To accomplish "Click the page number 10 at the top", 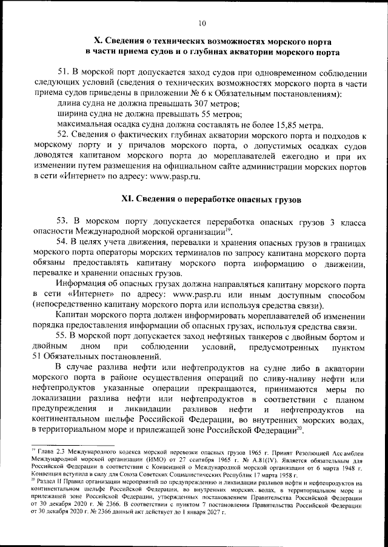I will point(201,24).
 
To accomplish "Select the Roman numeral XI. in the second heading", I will point(130,198).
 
